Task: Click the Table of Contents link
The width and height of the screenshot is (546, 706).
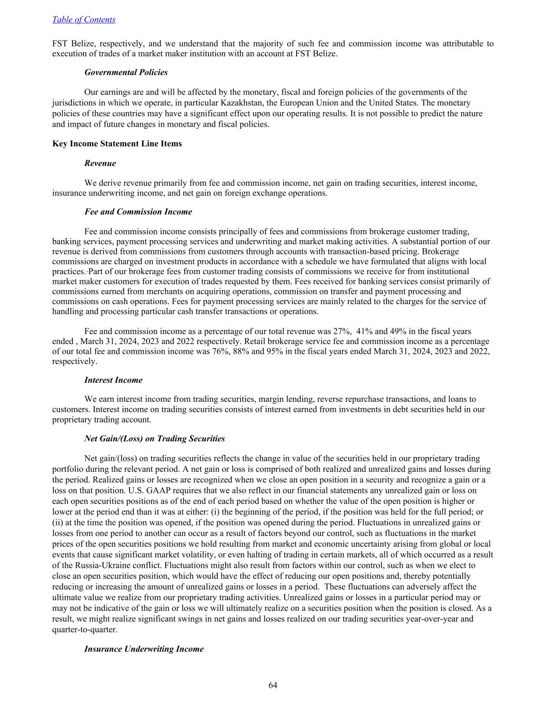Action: pyautogui.click(x=84, y=20)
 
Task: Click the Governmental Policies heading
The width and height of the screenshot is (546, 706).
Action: pyautogui.click(x=126, y=72)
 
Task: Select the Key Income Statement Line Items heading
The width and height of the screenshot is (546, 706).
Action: pyautogui.click(x=117, y=144)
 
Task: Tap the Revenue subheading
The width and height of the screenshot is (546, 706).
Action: pyautogui.click(x=100, y=163)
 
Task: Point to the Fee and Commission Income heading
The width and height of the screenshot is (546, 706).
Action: pyautogui.click(x=138, y=212)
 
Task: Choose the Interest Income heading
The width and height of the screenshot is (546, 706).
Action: pyautogui.click(x=113, y=380)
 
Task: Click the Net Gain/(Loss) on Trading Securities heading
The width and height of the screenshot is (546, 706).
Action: pyautogui.click(x=154, y=439)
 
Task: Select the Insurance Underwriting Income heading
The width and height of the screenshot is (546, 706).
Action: pyautogui.click(x=144, y=649)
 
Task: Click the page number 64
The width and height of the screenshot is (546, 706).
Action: pyautogui.click(x=273, y=685)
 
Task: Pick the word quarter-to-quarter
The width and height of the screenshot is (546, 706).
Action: pyautogui.click(x=85, y=630)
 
